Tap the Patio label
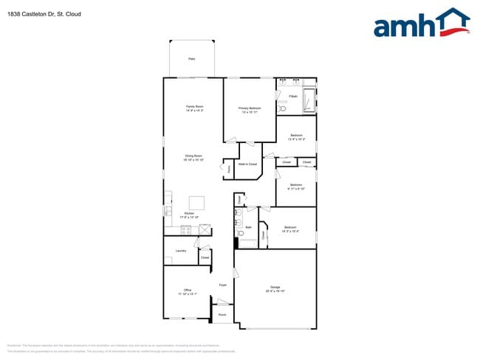(191, 58)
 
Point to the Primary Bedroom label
(250, 108)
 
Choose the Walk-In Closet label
(247, 164)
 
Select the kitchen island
(197, 202)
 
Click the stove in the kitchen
(186, 229)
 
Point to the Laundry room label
(180, 251)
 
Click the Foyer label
(222, 285)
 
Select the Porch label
(222, 315)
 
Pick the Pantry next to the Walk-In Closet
(229, 169)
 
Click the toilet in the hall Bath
(241, 232)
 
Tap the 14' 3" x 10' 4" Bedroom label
(290, 229)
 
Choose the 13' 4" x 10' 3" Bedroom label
(296, 136)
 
